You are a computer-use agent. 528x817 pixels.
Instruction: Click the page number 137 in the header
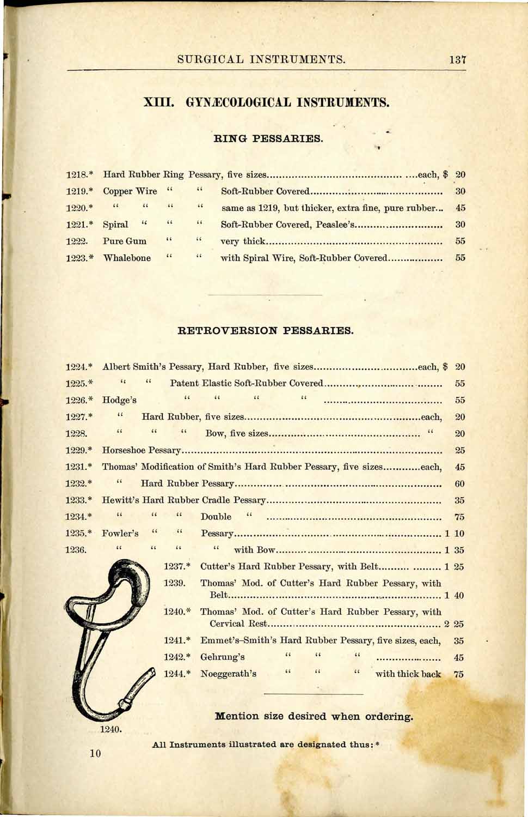click(x=458, y=59)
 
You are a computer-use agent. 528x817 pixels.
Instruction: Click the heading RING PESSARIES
click(x=269, y=138)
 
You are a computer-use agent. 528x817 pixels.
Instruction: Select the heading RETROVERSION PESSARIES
click(x=266, y=330)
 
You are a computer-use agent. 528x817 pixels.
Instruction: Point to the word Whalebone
click(x=127, y=258)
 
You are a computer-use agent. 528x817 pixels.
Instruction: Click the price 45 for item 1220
click(x=461, y=208)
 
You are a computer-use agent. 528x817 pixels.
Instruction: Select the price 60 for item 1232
click(x=460, y=483)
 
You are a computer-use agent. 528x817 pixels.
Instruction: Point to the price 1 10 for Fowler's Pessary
click(x=454, y=534)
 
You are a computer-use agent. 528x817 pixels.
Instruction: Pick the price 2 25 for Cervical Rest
click(x=454, y=624)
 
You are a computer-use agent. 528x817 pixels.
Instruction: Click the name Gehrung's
click(x=222, y=657)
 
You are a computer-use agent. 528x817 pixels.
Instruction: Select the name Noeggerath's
click(x=228, y=674)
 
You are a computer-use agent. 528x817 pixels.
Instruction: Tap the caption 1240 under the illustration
click(x=110, y=729)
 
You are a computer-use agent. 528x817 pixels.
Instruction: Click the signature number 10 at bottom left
click(x=95, y=754)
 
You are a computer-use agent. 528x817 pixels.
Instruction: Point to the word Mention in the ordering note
click(x=236, y=716)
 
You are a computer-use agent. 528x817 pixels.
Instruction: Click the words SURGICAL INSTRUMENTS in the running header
click(x=261, y=59)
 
